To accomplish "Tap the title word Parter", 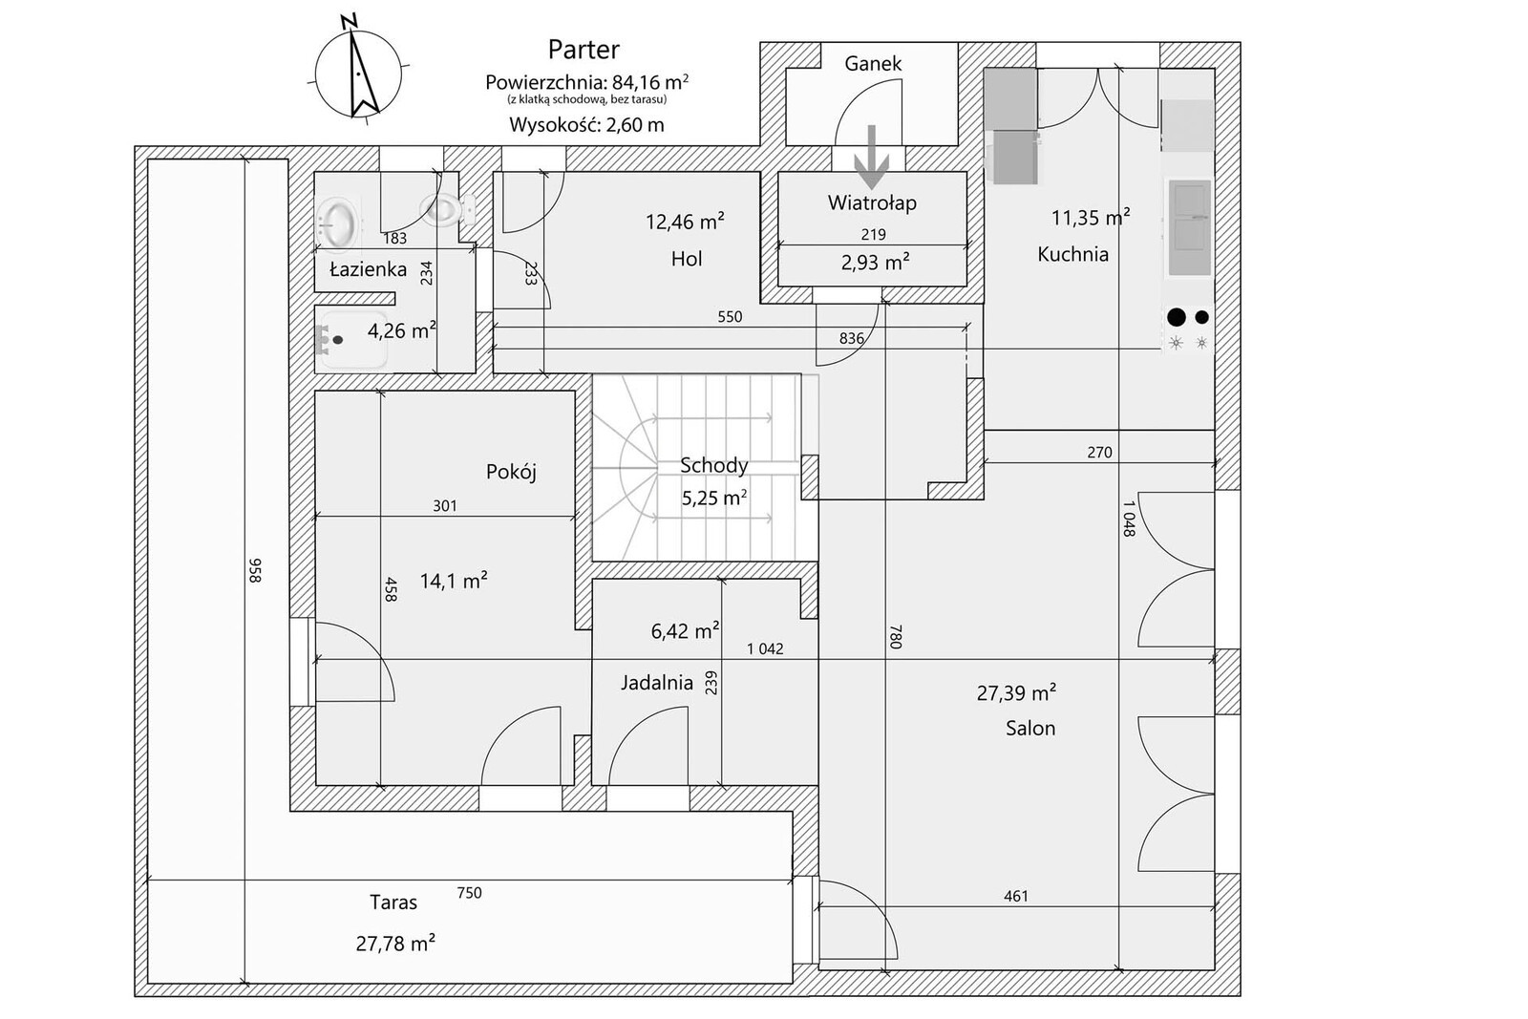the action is [x=584, y=50].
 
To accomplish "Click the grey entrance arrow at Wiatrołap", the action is [x=872, y=157].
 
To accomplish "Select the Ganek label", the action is [x=873, y=63].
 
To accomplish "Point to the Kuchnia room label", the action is [x=1073, y=254].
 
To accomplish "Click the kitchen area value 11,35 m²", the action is [x=1091, y=218].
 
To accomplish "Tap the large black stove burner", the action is [x=1177, y=317].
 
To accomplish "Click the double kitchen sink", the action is [x=1190, y=228].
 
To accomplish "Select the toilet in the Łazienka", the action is [x=447, y=209].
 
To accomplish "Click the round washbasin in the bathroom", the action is [x=338, y=222].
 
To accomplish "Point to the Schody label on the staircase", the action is [x=714, y=466].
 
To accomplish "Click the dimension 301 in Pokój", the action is [x=445, y=506].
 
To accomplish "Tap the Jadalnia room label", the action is [x=657, y=683].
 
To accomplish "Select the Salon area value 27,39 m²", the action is [x=1016, y=693].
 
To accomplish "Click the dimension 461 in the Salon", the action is [x=1016, y=896].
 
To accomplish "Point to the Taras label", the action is [x=393, y=902].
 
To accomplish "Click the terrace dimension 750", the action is [x=469, y=893].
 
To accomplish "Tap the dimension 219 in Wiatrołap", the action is [x=873, y=235].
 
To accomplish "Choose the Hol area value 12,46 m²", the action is [x=685, y=222].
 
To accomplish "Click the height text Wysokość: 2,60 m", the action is [x=586, y=125].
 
